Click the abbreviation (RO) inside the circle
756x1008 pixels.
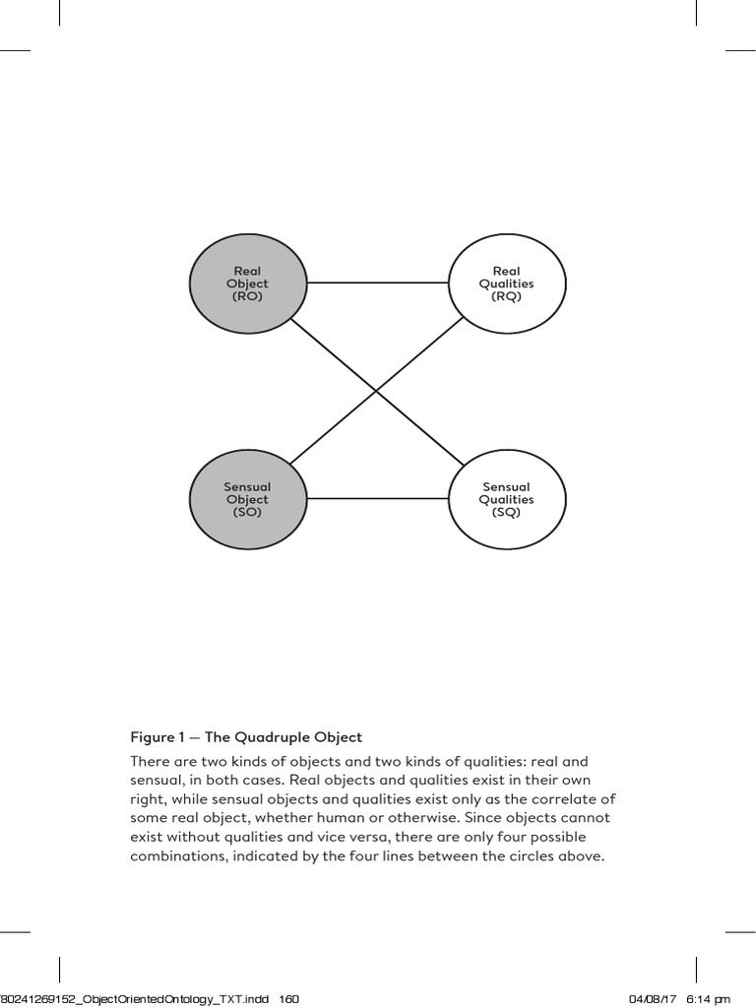click(247, 296)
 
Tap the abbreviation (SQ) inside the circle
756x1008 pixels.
click(506, 512)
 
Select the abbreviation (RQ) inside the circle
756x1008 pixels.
click(506, 296)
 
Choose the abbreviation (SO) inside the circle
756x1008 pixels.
click(247, 512)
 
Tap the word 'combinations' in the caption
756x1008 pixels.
click(174, 856)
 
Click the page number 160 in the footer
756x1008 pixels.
click(288, 999)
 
